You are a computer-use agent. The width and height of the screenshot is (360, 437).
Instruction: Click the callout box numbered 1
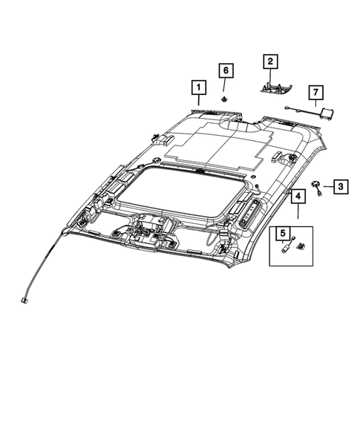[198, 88]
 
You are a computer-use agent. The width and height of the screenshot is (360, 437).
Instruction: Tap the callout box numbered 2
[270, 62]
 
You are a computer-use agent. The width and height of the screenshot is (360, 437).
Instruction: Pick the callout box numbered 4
[297, 197]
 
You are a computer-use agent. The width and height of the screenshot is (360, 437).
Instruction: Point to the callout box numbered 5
[283, 234]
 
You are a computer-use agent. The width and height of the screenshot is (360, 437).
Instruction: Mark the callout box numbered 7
[315, 93]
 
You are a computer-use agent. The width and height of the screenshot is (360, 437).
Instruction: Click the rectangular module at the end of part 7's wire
[325, 113]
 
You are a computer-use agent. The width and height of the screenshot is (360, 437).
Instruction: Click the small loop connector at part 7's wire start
[286, 108]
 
